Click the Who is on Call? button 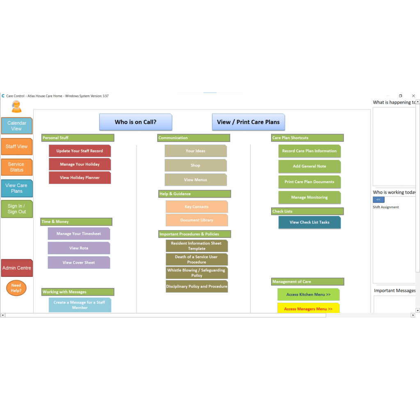(x=135, y=122)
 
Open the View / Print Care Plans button (x=248, y=122)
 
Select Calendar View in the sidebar (x=17, y=126)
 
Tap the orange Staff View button (x=17, y=146)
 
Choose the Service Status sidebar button (x=16, y=167)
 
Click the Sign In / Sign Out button (x=17, y=209)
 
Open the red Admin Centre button (x=17, y=268)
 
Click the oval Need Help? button (x=16, y=288)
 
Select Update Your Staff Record (x=80, y=151)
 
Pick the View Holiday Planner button (x=80, y=178)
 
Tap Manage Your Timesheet (x=79, y=234)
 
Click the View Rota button (x=79, y=248)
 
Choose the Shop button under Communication (x=196, y=165)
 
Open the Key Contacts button (x=196, y=207)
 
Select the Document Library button (x=196, y=220)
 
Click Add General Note (x=309, y=167)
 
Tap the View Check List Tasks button (x=309, y=222)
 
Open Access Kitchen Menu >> (x=308, y=294)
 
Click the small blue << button (x=378, y=200)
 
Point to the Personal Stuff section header (x=78, y=138)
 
